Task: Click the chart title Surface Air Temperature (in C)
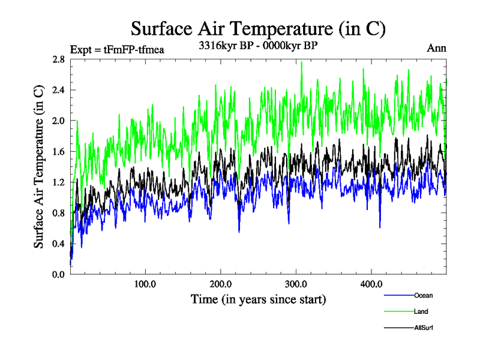tap(258, 28)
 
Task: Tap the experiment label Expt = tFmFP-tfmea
tap(117, 49)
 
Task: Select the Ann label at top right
tap(436, 48)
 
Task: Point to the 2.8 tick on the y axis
tap(59, 59)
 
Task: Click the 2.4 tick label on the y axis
tap(59, 90)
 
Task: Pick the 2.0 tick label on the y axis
tap(59, 121)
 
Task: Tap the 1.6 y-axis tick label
tap(59, 152)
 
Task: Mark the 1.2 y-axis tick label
tap(59, 182)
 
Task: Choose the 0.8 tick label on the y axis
tap(59, 213)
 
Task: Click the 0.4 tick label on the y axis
tap(59, 244)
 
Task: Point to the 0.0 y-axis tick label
tap(59, 274)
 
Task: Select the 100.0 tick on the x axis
tap(145, 284)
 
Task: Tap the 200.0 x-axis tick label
tap(221, 284)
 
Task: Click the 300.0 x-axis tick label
tap(296, 284)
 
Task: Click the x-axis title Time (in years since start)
tap(258, 299)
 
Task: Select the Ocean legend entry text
tap(423, 295)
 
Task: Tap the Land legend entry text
tap(421, 311)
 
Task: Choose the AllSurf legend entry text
tap(423, 328)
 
